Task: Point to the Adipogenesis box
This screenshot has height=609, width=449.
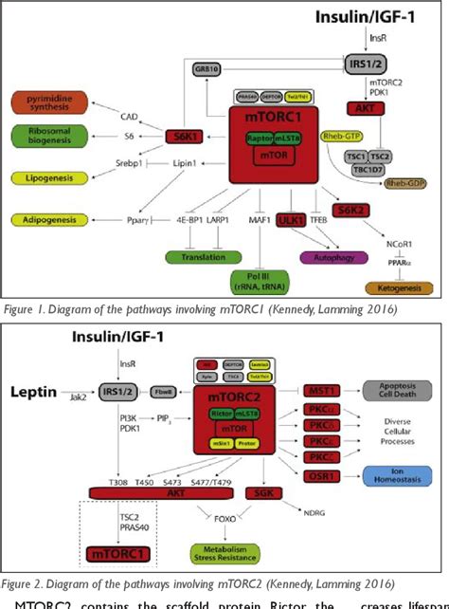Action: coord(49,220)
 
